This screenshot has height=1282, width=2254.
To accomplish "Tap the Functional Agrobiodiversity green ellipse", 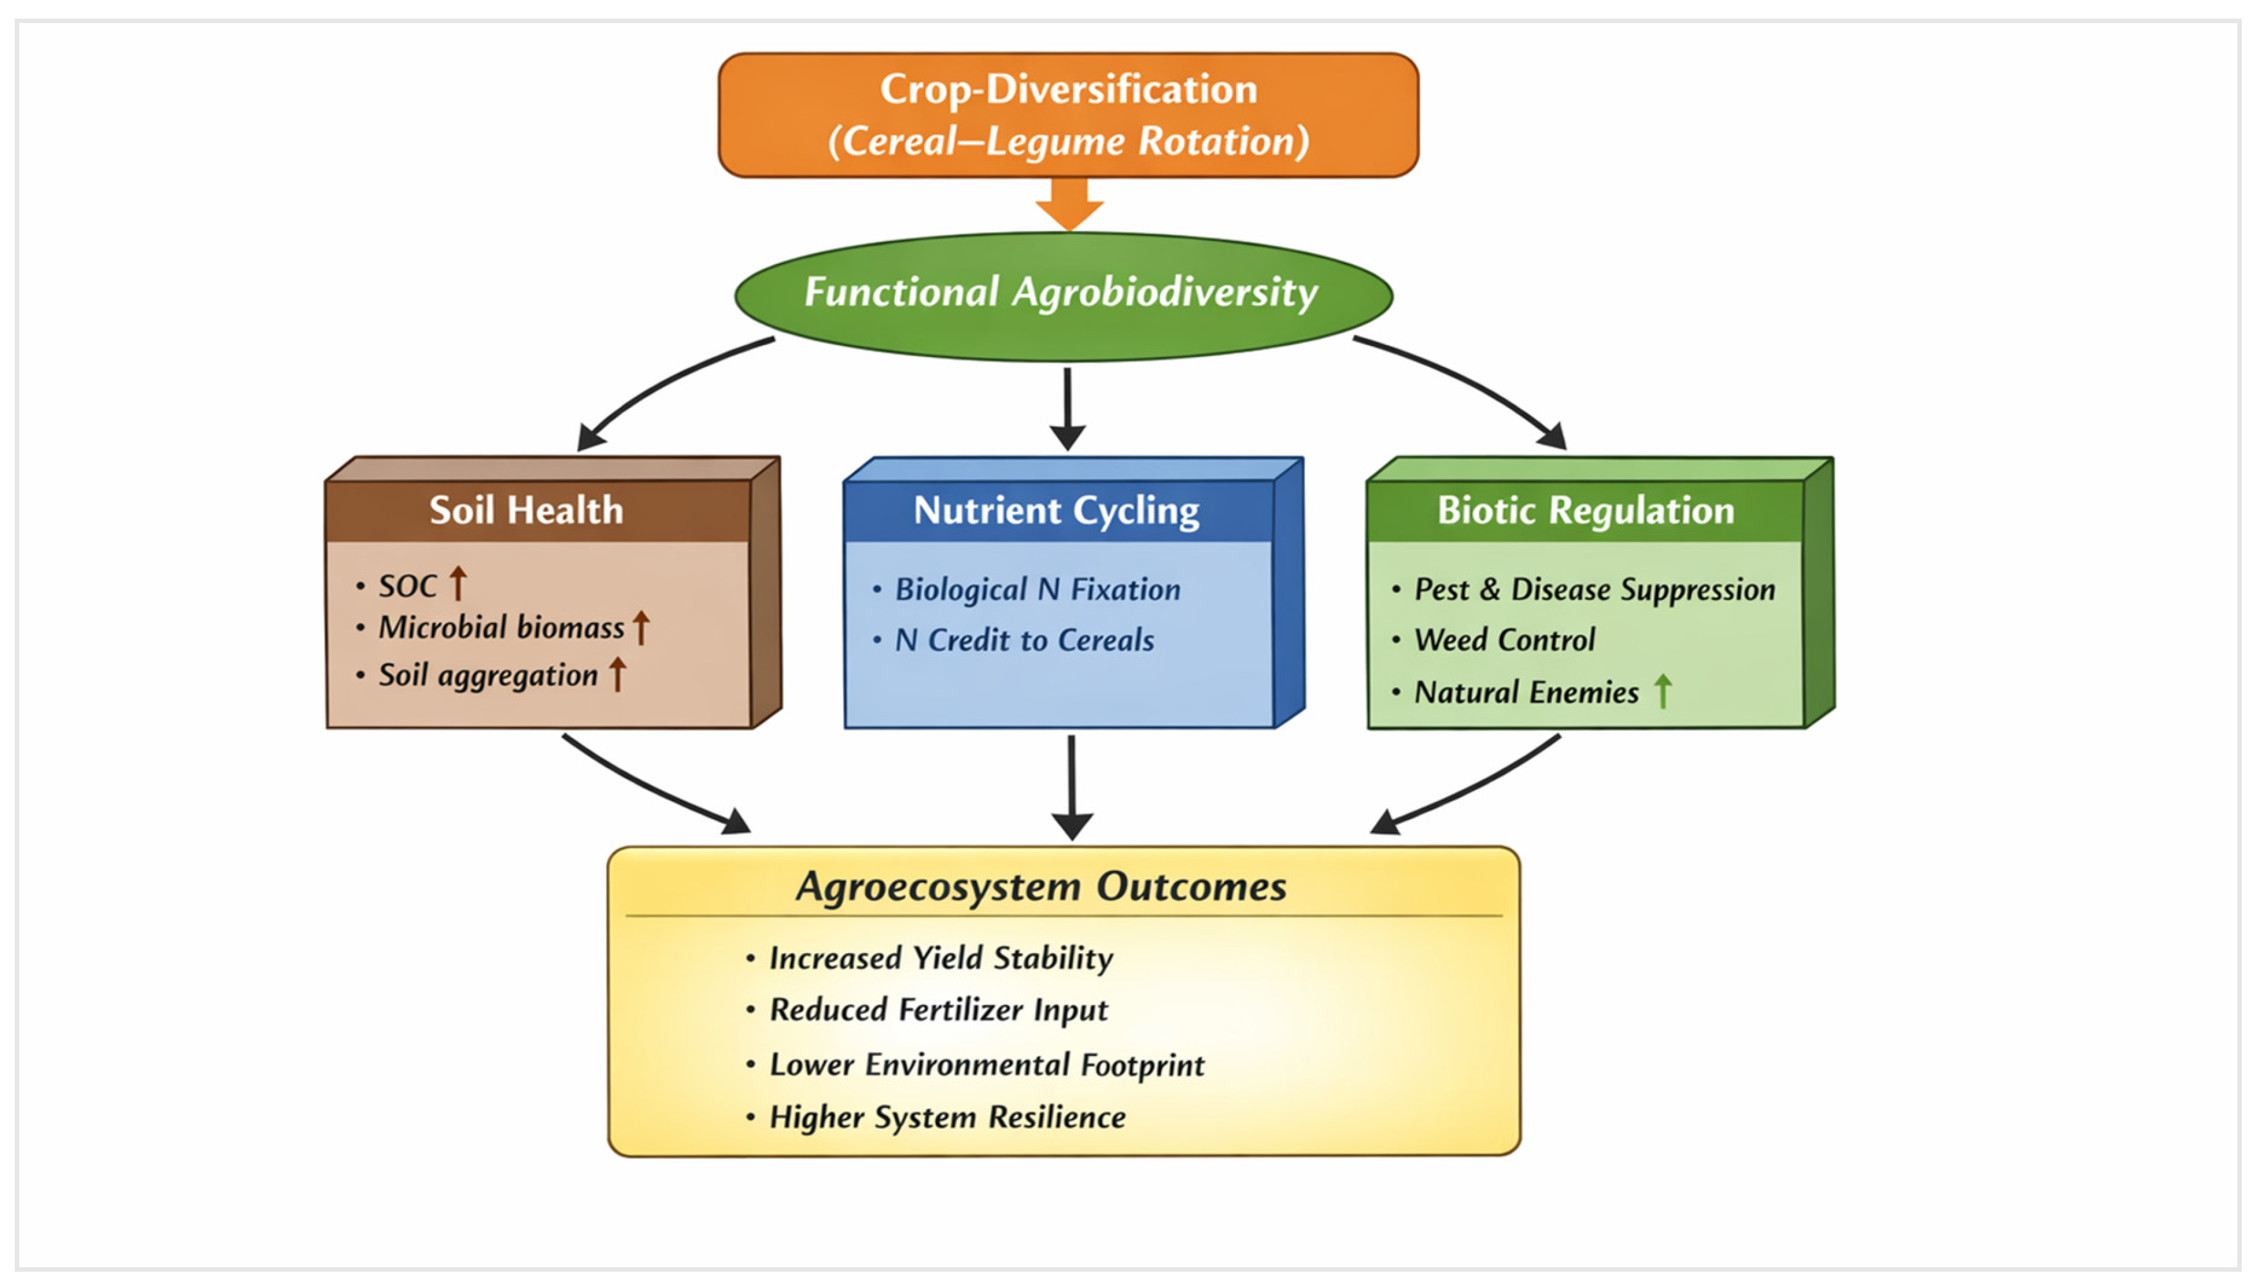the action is (x=1063, y=296).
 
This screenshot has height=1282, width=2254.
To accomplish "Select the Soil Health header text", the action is (x=526, y=510).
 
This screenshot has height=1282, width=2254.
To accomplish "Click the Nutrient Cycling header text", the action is (x=1056, y=511).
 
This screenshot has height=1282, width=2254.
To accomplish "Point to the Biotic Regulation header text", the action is (x=1586, y=511).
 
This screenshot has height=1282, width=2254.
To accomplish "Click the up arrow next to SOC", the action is (x=457, y=583).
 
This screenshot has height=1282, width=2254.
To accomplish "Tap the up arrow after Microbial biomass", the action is (x=641, y=628).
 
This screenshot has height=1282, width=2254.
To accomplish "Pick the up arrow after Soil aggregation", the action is (x=617, y=674).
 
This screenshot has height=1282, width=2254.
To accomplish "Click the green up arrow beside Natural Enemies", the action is (x=1662, y=691).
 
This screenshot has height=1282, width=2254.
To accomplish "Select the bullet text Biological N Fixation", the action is (x=1038, y=589).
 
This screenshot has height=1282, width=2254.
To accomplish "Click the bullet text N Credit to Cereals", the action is (x=1024, y=640).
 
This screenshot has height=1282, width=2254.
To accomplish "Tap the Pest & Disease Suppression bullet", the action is (x=1594, y=590).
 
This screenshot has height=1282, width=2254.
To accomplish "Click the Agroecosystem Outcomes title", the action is (x=1041, y=886).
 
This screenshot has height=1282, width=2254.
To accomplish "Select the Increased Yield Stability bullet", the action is (x=941, y=958).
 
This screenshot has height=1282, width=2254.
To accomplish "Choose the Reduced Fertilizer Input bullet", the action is (x=938, y=1010).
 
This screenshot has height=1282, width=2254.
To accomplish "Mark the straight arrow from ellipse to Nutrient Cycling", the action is (x=1067, y=408).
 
